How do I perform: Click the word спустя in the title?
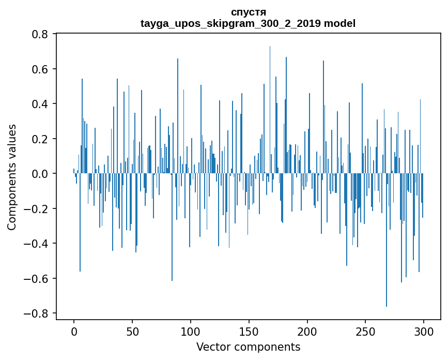[x=248, y=12]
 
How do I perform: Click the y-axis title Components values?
[x=12, y=177]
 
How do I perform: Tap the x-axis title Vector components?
[x=248, y=347]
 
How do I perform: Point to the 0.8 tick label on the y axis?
[x=40, y=34]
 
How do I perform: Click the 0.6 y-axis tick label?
[x=40, y=69]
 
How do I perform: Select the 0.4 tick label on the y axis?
[x=40, y=104]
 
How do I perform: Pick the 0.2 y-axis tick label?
[x=40, y=139]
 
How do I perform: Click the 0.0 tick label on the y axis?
[x=40, y=174]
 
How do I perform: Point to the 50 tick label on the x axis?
[x=132, y=331]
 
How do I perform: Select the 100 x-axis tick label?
[x=191, y=331]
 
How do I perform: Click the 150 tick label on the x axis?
[x=249, y=331]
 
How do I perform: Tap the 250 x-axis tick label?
[x=365, y=331]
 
